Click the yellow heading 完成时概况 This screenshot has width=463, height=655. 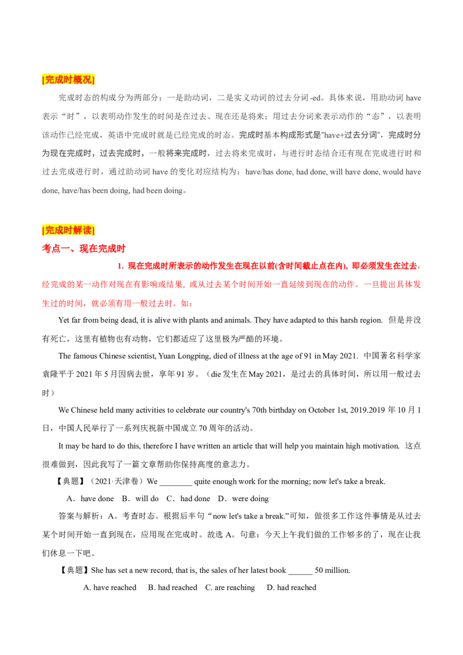pos(69,80)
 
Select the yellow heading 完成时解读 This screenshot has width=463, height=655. pos(69,230)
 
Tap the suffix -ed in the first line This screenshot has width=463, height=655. pos(315,98)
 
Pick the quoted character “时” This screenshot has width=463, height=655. pos(72,116)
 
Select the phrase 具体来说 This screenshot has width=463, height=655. pos(347,98)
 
